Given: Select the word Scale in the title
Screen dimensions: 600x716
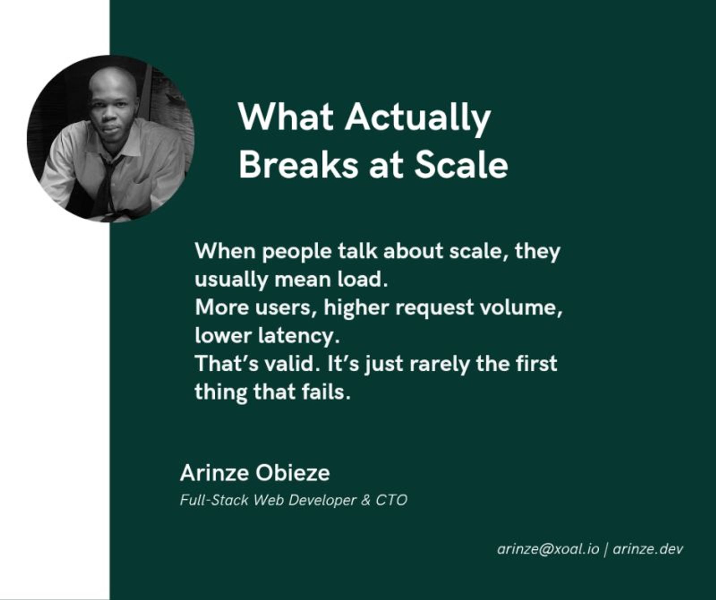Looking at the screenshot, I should [461, 165].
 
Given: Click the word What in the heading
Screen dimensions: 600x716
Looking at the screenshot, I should [286, 117].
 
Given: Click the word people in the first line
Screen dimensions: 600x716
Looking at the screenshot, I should [297, 252].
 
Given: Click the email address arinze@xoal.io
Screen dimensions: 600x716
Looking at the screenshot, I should [548, 549].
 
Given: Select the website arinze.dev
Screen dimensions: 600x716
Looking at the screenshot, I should [648, 549].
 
